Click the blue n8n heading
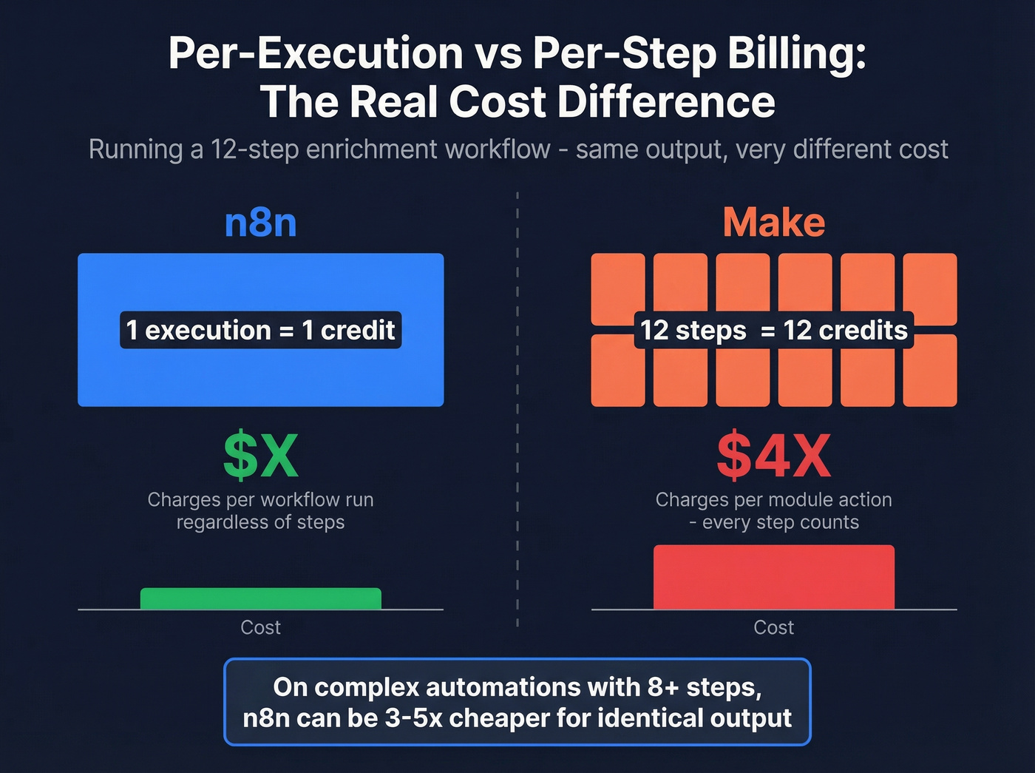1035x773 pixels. coord(260,223)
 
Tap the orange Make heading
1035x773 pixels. coord(773,223)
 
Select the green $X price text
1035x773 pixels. coord(260,456)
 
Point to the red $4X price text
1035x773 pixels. coord(773,456)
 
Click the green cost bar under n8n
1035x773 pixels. coord(260,598)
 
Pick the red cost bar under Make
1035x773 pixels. coord(773,577)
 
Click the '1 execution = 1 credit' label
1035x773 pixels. coord(260,330)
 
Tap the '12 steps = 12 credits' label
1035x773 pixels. coord(773,330)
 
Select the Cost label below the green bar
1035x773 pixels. coord(260,627)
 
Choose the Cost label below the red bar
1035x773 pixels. coord(773,627)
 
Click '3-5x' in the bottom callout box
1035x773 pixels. coord(415,718)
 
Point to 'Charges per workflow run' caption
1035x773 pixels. coord(260,500)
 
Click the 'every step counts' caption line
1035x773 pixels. coord(780,523)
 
